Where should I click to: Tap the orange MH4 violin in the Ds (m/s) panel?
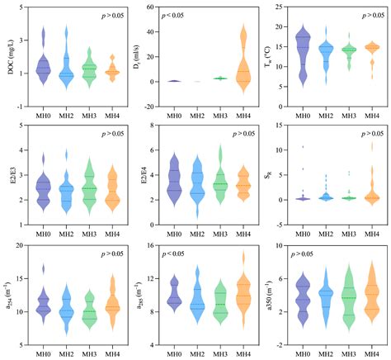(243, 66)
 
